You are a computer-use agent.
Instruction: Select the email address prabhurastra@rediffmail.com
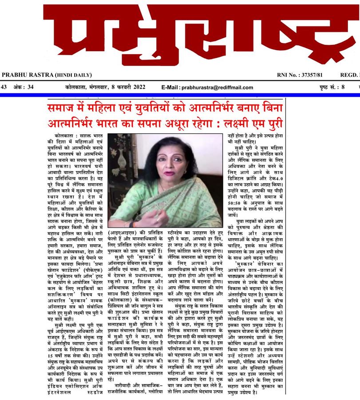point(215,88)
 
